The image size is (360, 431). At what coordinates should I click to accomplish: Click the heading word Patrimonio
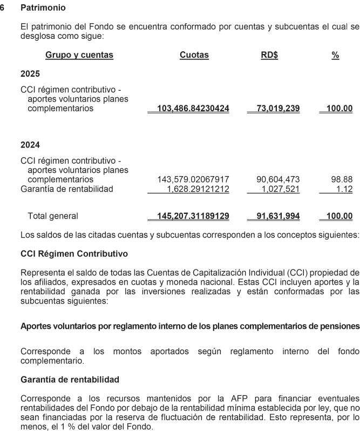[x=43, y=9]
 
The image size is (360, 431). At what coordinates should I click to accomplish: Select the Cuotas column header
[x=194, y=55]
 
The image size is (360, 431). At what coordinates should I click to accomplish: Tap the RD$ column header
[x=269, y=55]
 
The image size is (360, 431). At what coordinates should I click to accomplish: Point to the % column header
[x=335, y=55]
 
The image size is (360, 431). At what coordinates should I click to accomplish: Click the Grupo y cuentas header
[x=79, y=55]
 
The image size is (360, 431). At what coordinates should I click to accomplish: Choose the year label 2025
[x=30, y=73]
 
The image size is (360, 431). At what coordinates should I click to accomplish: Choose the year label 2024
[x=30, y=145]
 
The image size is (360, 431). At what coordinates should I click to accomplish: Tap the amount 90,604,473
[x=277, y=179]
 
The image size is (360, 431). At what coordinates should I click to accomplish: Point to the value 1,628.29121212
[x=196, y=188]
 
